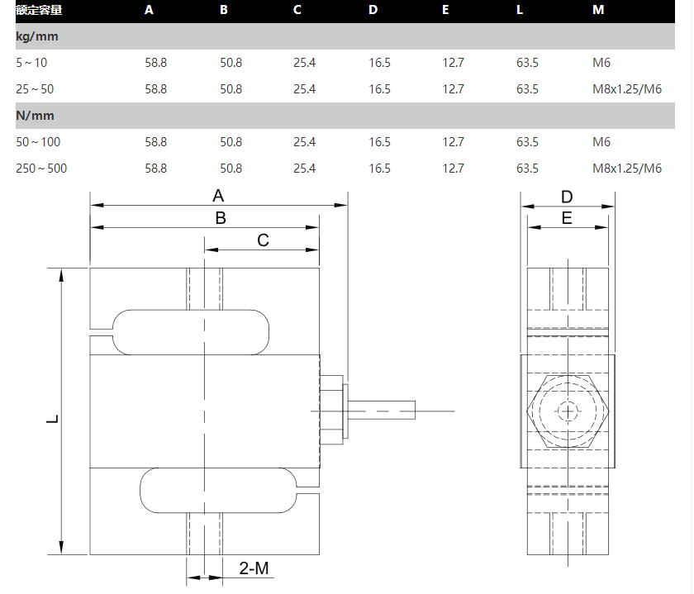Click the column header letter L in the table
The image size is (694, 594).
tap(520, 10)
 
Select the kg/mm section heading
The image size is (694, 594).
tap(36, 36)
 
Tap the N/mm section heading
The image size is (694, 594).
tap(35, 116)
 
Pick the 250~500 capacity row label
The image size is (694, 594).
tap(41, 169)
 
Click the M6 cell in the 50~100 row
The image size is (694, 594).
tap(601, 142)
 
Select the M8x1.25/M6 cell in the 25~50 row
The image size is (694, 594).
tap(627, 89)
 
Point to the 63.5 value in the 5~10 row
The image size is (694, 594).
tap(527, 62)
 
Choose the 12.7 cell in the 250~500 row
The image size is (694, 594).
tap(453, 169)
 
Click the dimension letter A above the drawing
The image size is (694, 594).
tap(218, 197)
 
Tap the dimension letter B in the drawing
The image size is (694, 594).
tap(221, 219)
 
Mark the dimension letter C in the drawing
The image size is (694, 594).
tap(263, 240)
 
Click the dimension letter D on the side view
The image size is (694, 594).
tap(567, 197)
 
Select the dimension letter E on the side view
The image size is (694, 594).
tap(567, 219)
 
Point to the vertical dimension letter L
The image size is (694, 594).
tap(52, 419)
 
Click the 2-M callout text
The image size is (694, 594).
tap(254, 568)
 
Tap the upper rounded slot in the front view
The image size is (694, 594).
tap(191, 331)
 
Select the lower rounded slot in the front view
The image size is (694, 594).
tap(217, 490)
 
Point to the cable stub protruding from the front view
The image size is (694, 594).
tap(383, 411)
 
